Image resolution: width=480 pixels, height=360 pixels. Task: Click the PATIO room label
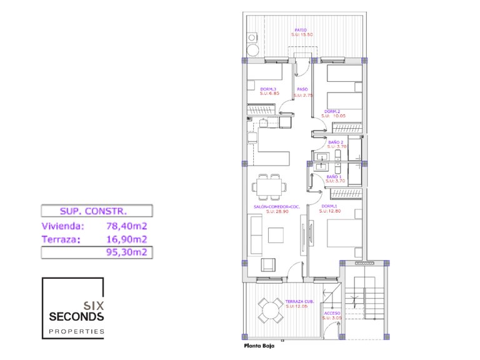301,30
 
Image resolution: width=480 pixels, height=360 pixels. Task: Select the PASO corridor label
302,89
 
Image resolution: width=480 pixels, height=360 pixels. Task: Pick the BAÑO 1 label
336,177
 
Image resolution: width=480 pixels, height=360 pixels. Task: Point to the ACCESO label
332,314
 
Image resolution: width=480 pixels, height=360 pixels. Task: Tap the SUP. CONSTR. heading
94,211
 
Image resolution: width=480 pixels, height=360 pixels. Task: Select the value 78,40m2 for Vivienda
126,226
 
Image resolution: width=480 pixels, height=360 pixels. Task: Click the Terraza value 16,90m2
126,239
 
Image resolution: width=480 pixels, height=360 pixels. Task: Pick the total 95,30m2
126,252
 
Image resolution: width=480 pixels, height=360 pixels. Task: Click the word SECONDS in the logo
76,317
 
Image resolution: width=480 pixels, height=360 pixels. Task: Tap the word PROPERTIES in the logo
76,331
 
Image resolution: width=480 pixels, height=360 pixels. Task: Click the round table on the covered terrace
271,309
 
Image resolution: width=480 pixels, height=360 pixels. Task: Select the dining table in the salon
269,185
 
